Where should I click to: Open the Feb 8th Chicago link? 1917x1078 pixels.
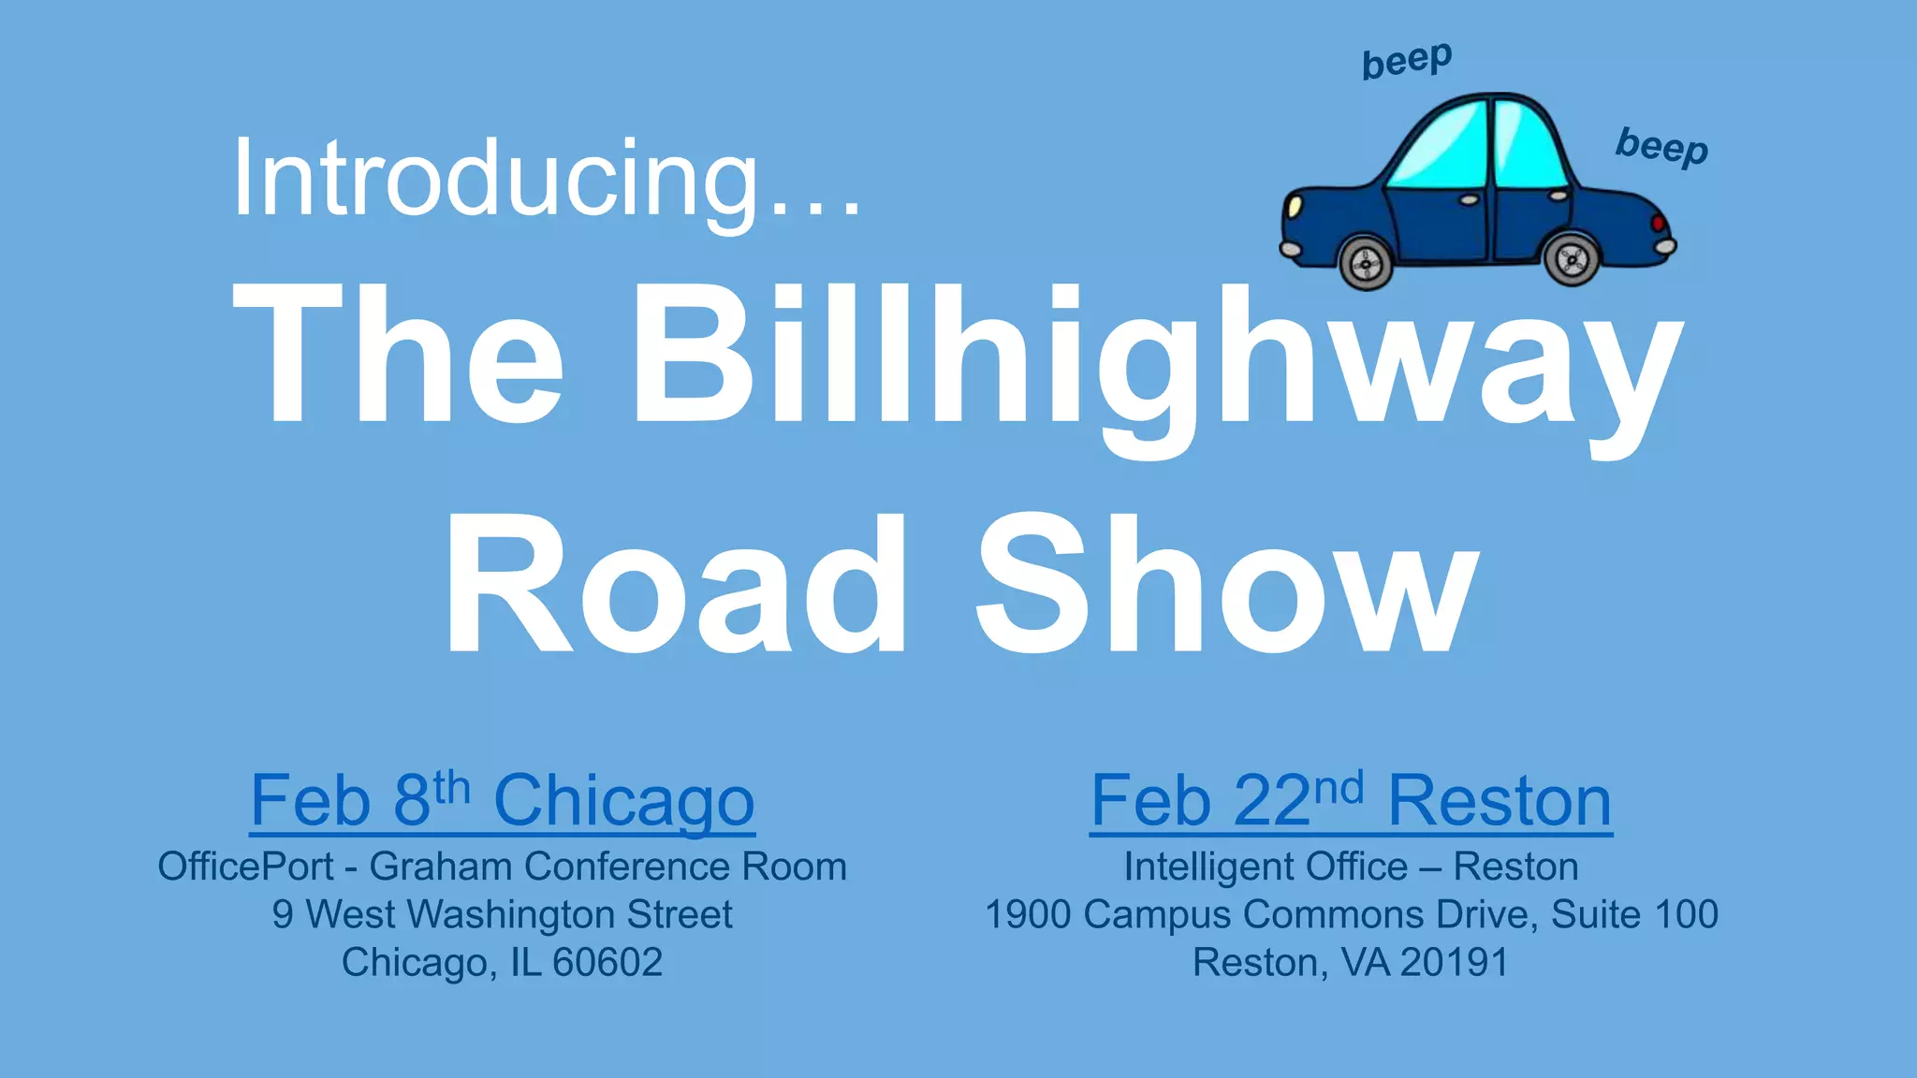(503, 801)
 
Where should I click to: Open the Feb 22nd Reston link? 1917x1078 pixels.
(1351, 801)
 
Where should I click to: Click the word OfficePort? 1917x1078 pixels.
(245, 867)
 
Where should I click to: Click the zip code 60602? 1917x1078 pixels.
(607, 962)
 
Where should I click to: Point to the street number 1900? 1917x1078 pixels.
(1027, 914)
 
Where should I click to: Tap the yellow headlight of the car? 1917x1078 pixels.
(1293, 205)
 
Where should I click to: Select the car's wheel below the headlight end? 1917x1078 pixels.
(1367, 263)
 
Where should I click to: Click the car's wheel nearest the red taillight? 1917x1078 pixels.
(1572, 259)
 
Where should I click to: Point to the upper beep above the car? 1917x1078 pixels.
(1407, 61)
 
